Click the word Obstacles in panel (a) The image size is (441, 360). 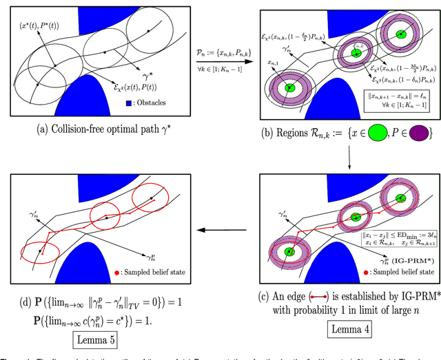156,103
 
